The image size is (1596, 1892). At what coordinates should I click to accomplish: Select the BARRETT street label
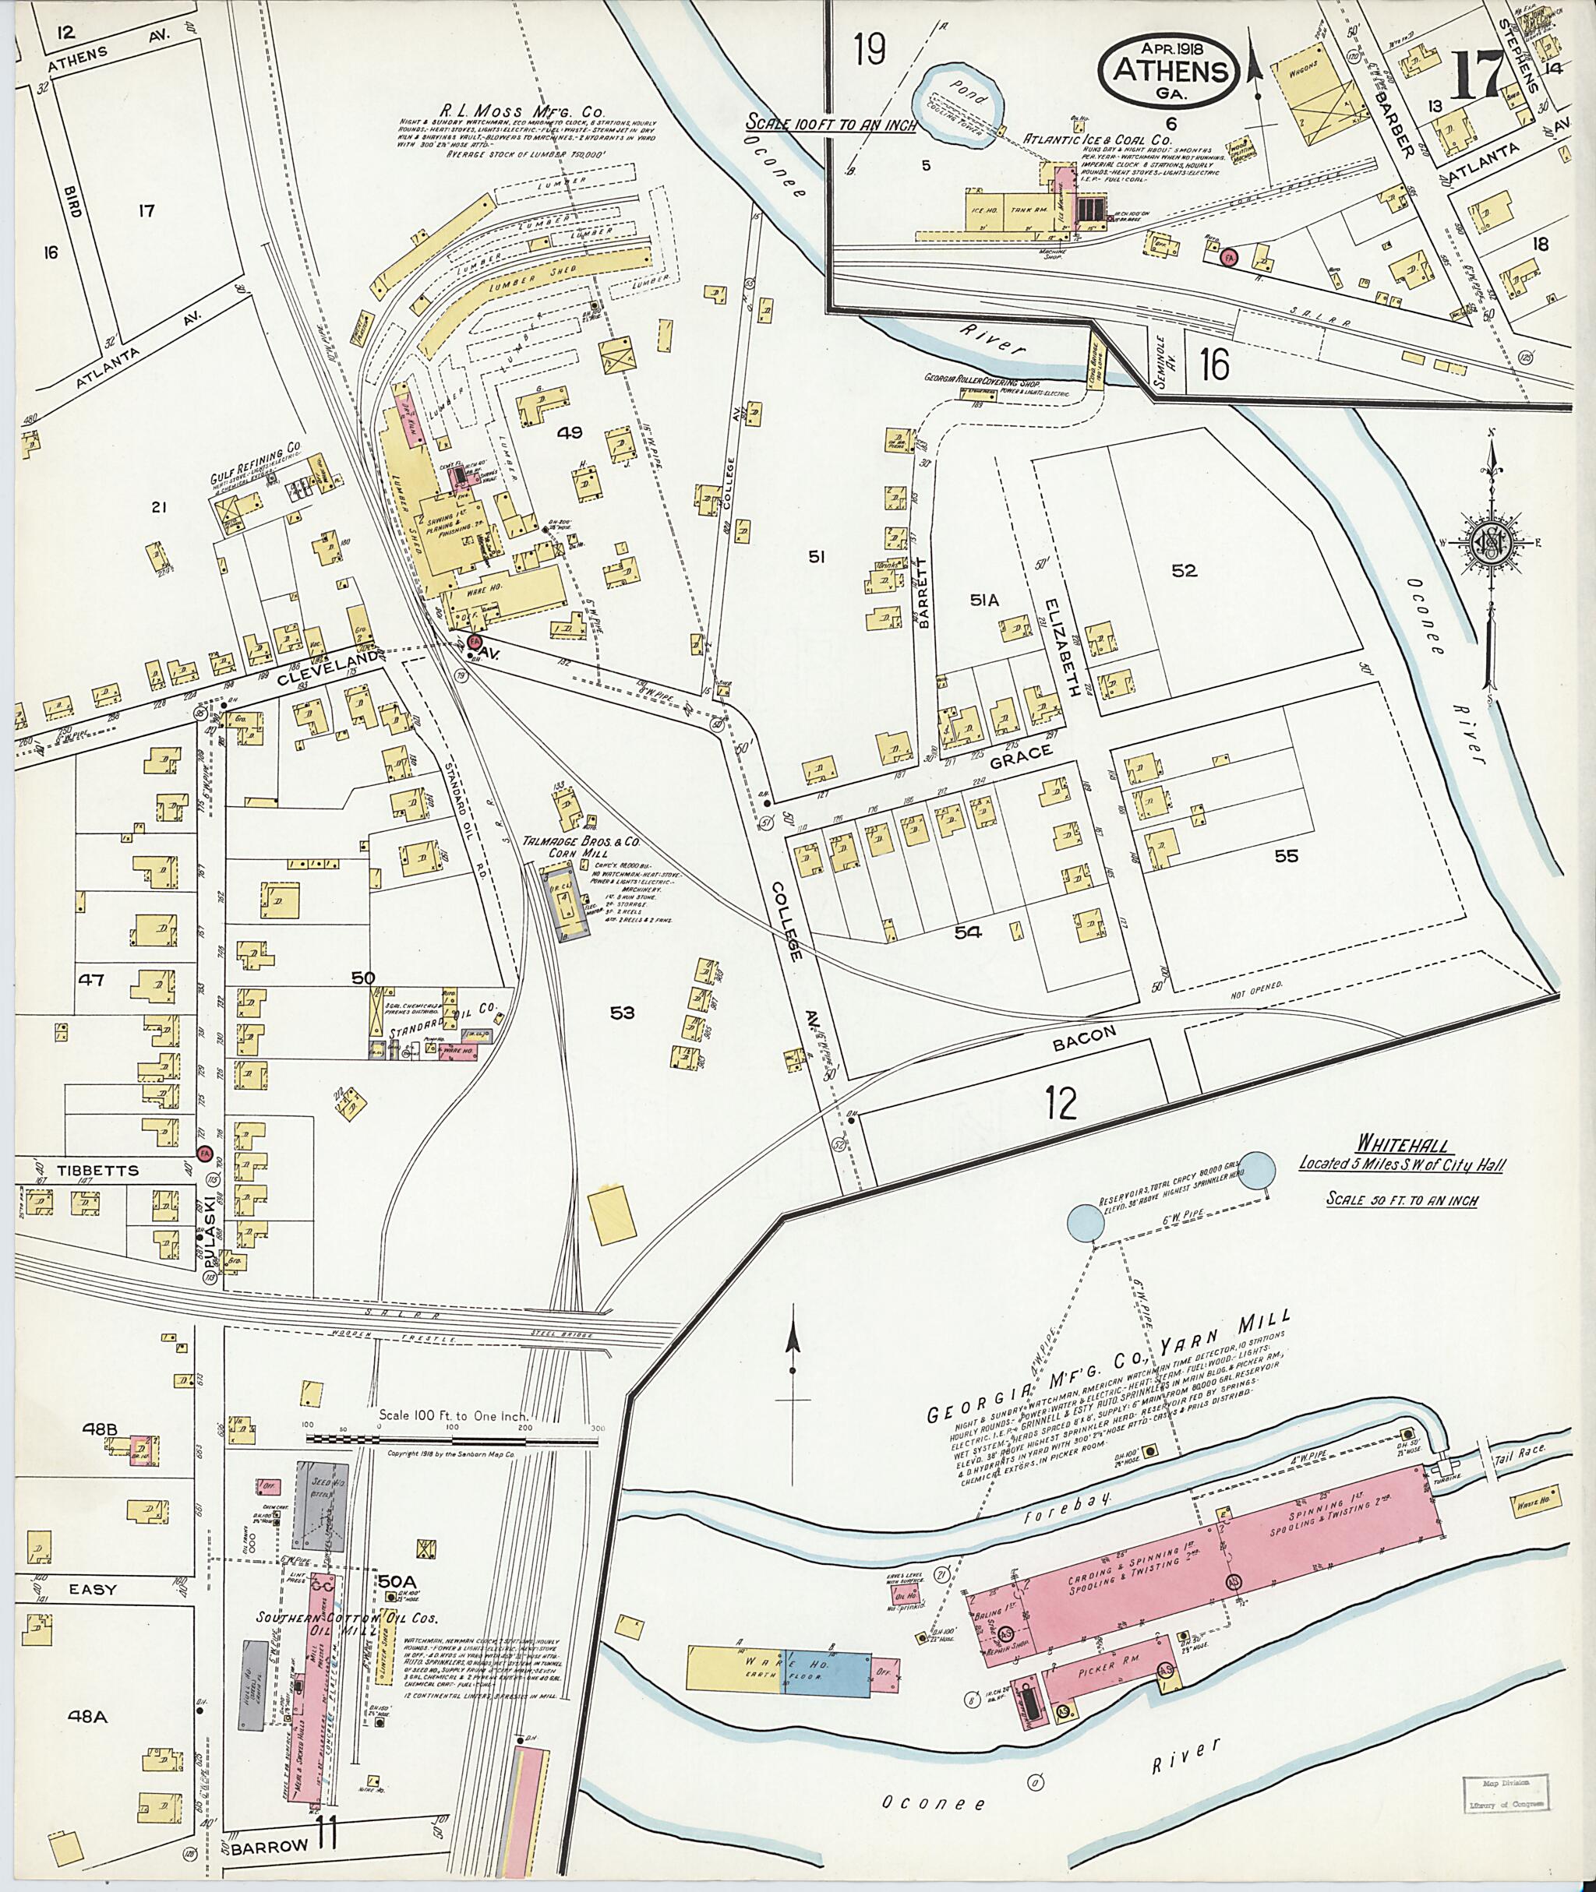tap(923, 593)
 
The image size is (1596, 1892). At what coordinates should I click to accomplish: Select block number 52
tap(1184, 571)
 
